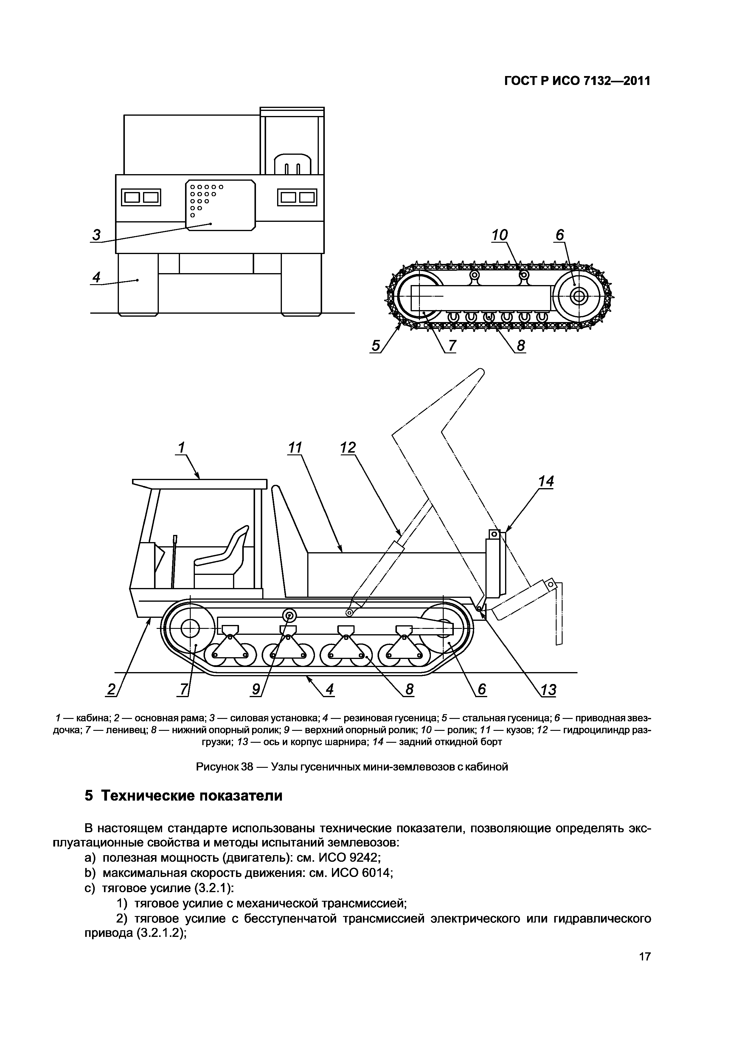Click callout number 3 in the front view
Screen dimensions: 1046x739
(97, 235)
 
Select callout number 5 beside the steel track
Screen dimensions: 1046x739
(376, 346)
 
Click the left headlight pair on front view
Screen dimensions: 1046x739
(141, 197)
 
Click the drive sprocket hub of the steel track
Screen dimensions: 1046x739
(579, 297)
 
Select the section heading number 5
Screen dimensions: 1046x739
(89, 796)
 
